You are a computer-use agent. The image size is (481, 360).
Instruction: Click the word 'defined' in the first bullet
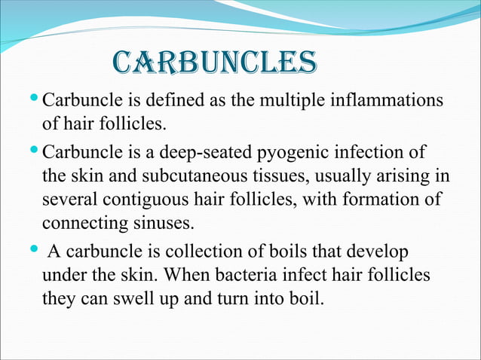192,100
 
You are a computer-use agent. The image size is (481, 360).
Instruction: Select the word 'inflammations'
389,100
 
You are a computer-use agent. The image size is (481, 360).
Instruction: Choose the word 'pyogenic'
292,154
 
